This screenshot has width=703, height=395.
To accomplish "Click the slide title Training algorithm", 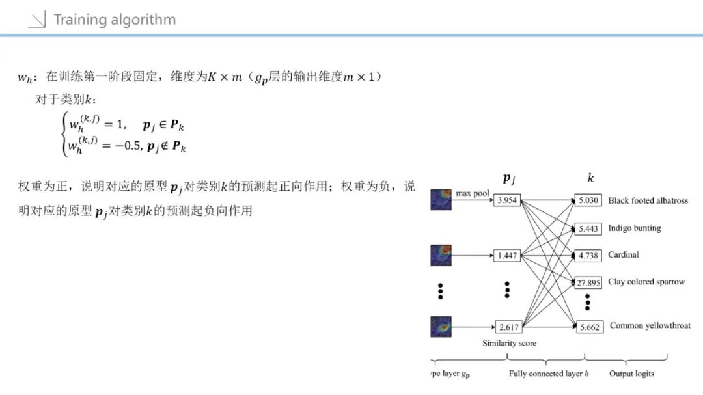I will click(115, 20).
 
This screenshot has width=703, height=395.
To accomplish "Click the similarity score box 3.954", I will click(506, 200).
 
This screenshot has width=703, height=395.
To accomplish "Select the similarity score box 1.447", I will click(506, 255).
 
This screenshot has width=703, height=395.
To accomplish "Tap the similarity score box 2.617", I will click(509, 327).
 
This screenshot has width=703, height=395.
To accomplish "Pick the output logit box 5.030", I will click(588, 200).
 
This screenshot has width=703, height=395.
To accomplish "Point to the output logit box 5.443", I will click(588, 229).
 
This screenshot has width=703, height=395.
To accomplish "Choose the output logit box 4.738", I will click(588, 255).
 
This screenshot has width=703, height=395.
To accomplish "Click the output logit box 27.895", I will click(588, 282).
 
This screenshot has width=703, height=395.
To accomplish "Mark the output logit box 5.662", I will click(589, 327).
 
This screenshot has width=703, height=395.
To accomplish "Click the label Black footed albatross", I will click(648, 200).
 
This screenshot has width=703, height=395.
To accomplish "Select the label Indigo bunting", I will click(634, 228).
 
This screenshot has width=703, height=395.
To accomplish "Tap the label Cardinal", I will click(624, 254).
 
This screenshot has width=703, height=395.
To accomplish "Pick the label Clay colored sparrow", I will click(646, 282).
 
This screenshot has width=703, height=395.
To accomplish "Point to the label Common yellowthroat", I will click(650, 325).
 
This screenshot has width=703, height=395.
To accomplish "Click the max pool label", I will click(473, 193).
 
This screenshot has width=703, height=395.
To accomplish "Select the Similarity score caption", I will click(509, 343).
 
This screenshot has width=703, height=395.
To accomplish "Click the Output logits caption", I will click(631, 374).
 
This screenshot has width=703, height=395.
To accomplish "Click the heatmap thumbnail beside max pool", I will click(441, 200).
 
